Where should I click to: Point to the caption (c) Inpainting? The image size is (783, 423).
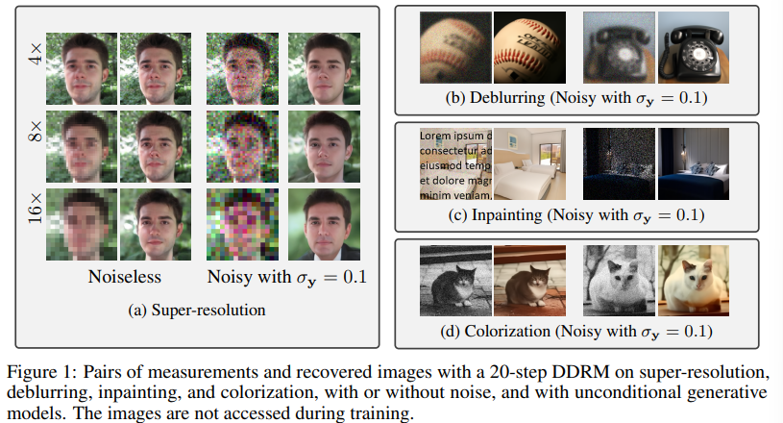578,213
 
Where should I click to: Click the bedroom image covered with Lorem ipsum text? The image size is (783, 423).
455,164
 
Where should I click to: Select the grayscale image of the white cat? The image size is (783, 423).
619,283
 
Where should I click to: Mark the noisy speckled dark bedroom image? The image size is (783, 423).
619,164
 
